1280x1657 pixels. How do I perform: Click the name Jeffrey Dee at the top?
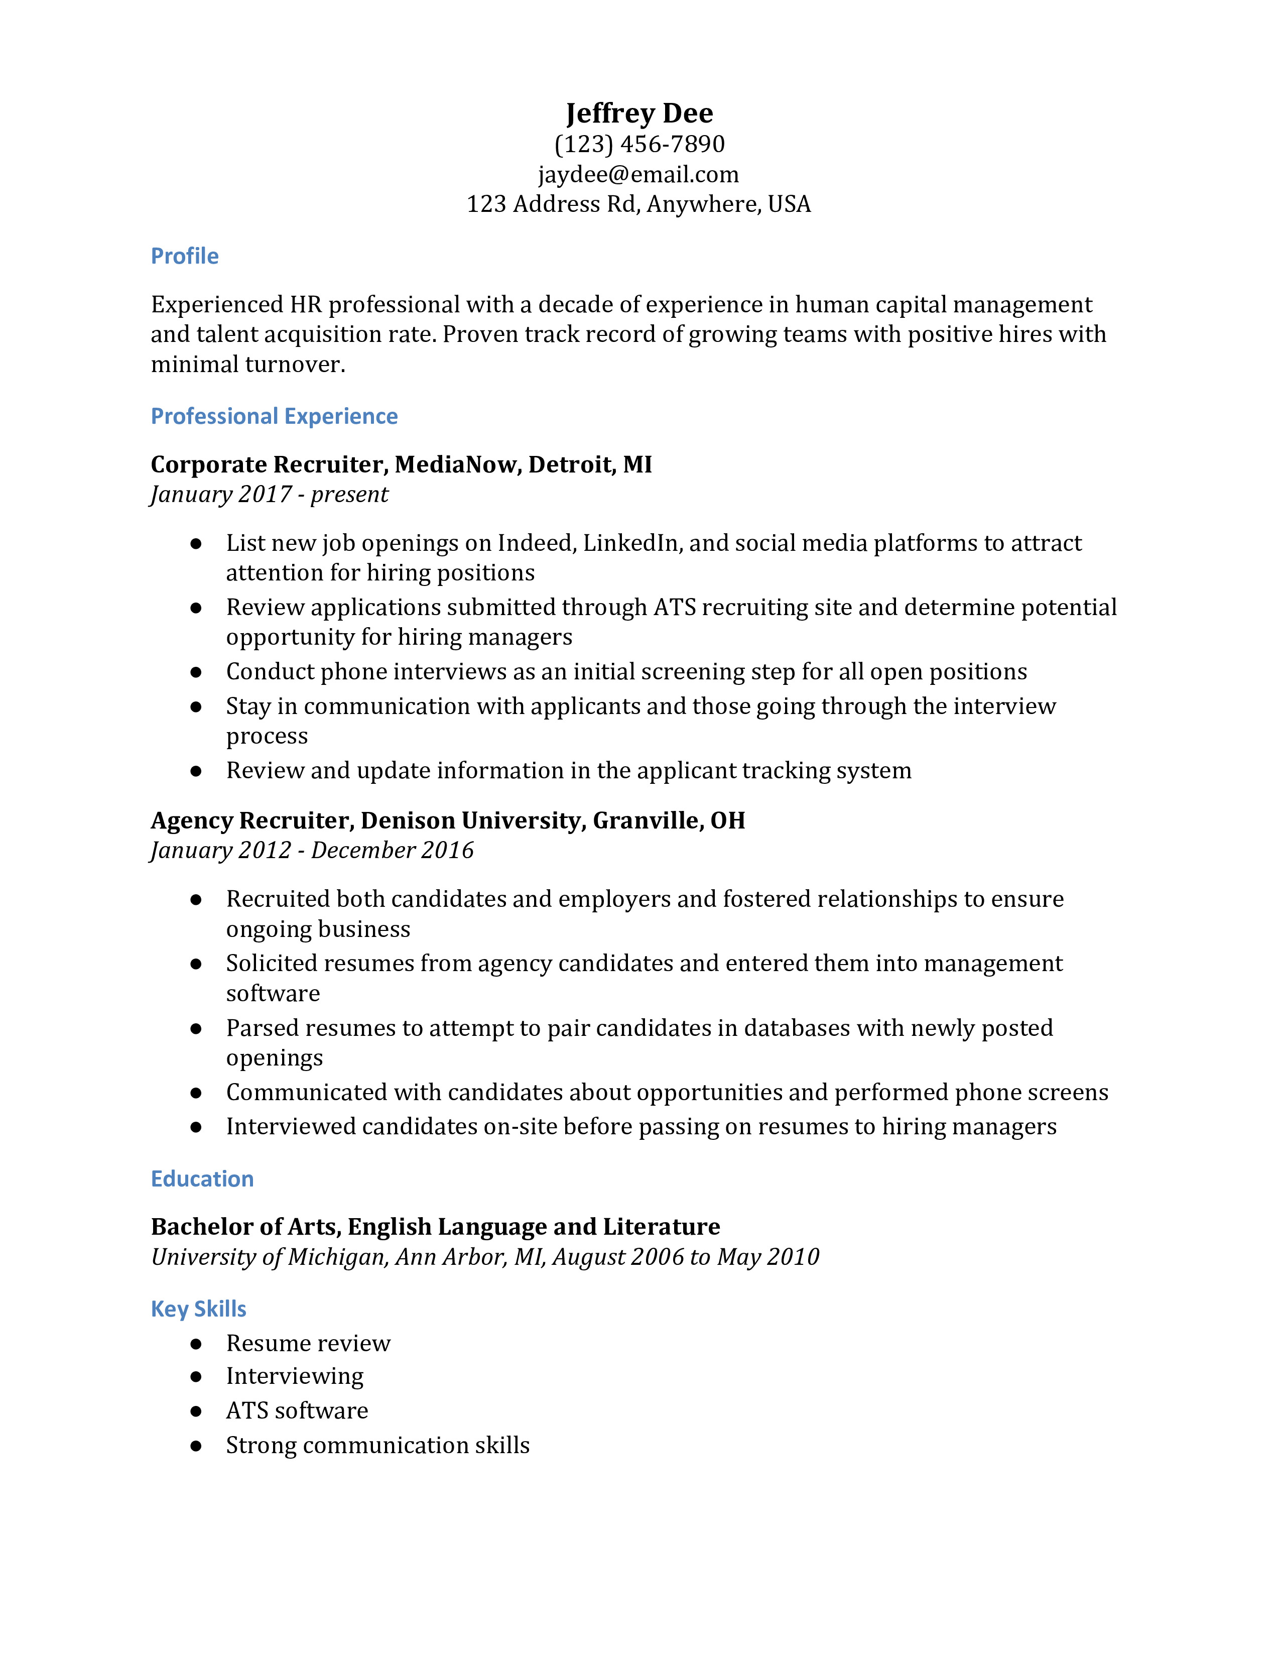tap(639, 113)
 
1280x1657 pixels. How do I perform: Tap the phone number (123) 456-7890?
tap(639, 144)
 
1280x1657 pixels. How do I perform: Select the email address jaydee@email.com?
tap(638, 175)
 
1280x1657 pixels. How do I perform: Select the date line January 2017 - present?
tap(269, 495)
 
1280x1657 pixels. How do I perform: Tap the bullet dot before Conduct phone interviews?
tap(196, 672)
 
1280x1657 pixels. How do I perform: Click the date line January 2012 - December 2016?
tap(312, 851)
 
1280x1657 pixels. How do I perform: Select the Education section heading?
tap(202, 1178)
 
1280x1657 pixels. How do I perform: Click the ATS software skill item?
tap(297, 1410)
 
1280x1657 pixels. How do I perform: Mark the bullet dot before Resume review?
tap(196, 1344)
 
